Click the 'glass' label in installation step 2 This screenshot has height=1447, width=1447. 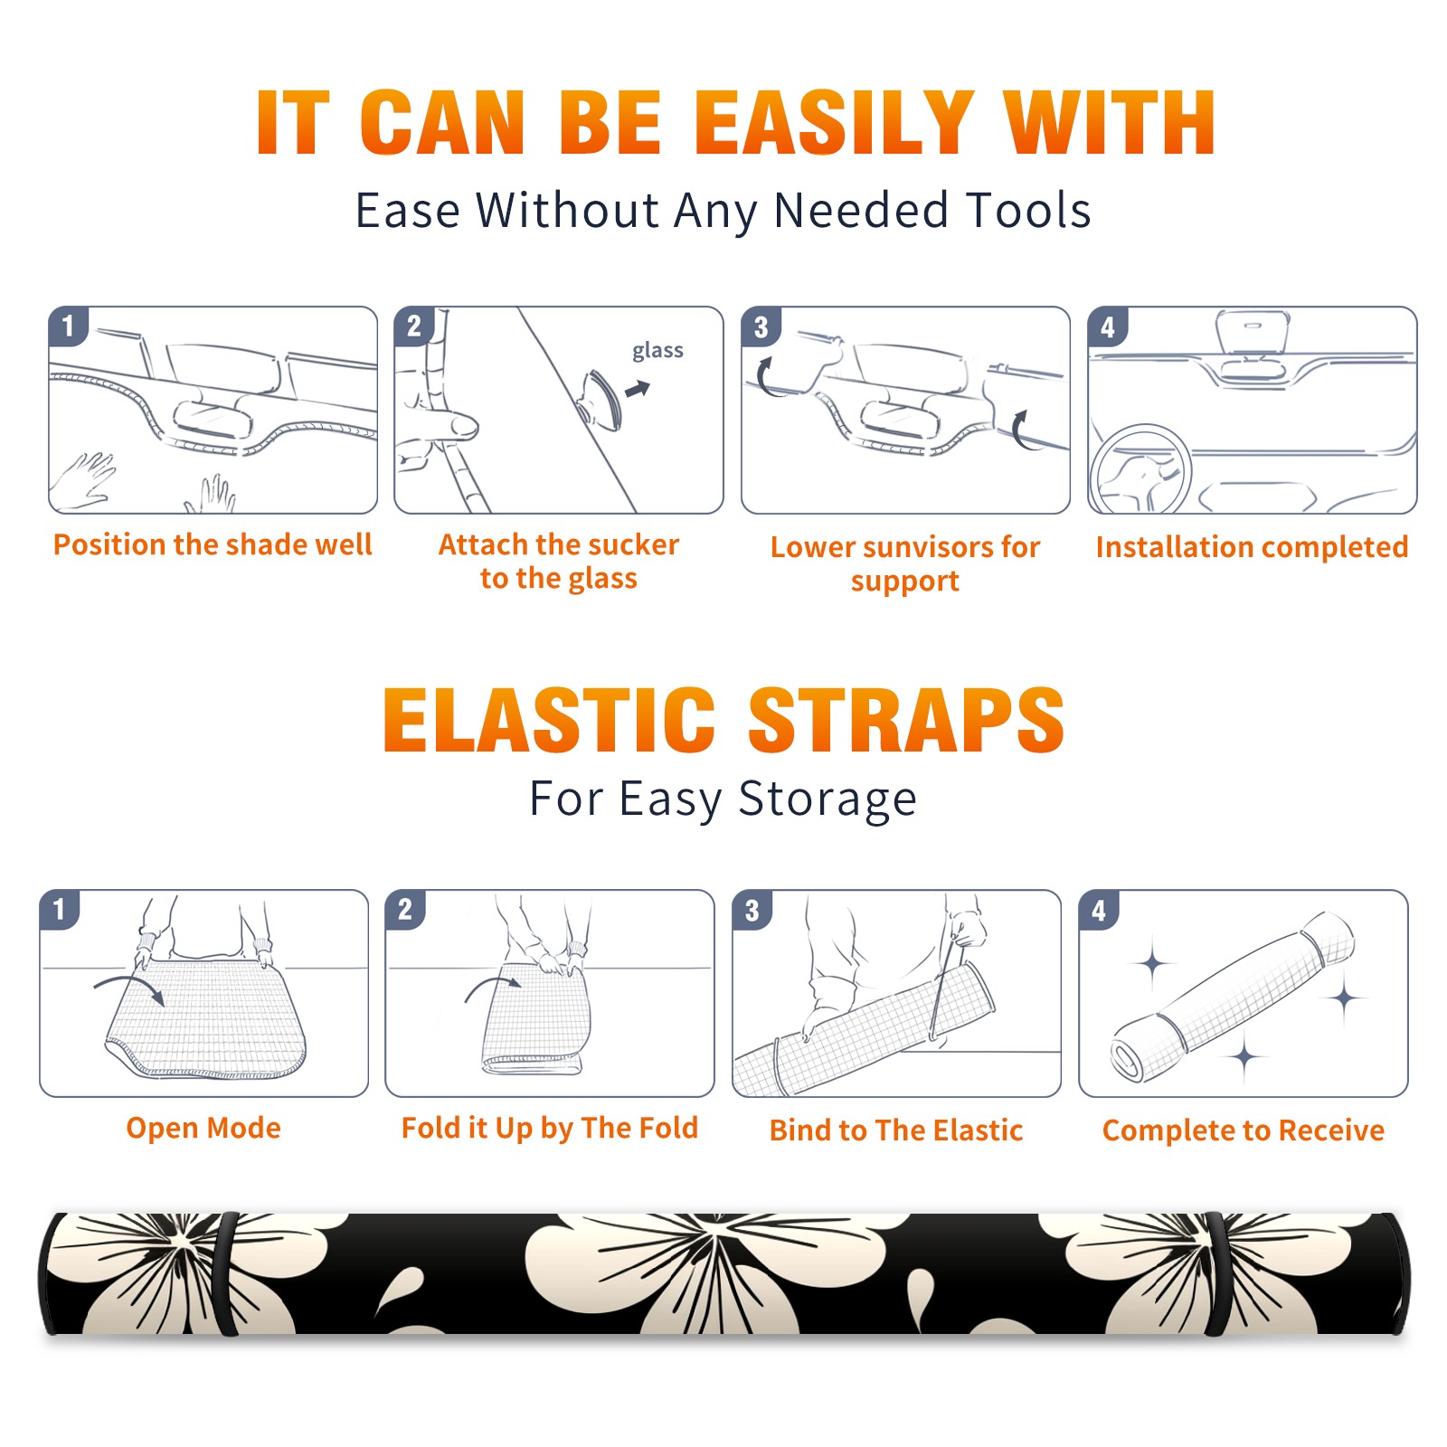(x=657, y=351)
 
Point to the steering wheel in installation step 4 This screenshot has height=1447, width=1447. (x=1140, y=468)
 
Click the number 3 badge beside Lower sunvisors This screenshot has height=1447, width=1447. (x=761, y=326)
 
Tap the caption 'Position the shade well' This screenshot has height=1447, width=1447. (x=213, y=544)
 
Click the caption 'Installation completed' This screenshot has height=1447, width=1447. (x=1252, y=547)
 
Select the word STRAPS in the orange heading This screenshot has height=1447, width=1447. (x=906, y=720)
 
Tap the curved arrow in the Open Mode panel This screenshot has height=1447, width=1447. (x=129, y=987)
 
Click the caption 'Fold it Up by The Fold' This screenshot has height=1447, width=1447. (x=550, y=1128)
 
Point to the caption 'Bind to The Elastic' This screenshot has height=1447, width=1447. (x=896, y=1130)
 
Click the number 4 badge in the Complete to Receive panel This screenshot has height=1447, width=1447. (x=1099, y=910)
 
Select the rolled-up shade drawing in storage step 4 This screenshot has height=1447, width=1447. (x=1233, y=996)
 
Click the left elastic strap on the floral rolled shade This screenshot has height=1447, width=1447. (x=225, y=1273)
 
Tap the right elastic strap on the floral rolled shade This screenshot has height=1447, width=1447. (x=1217, y=1273)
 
